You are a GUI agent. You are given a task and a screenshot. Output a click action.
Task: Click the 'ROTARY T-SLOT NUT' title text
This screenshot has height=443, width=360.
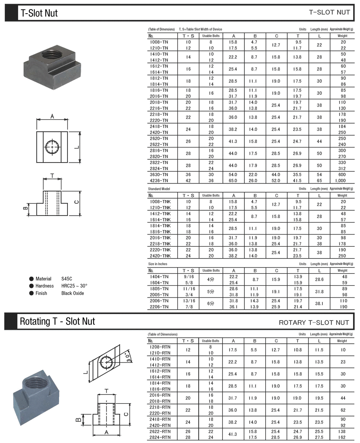[x=314, y=322]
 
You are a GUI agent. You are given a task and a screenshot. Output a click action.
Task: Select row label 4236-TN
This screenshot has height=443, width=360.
[x=159, y=181]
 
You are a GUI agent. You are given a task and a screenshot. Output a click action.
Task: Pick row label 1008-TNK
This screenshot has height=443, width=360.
[x=160, y=202]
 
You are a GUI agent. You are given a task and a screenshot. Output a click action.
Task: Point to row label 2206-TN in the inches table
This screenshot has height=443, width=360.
[x=159, y=307]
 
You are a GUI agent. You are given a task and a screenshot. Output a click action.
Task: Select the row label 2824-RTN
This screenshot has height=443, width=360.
[x=160, y=437]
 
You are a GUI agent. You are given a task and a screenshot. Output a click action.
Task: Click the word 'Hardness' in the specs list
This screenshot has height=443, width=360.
[x=45, y=286]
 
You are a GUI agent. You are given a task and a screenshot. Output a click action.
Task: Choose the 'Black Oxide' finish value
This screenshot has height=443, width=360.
[x=73, y=293]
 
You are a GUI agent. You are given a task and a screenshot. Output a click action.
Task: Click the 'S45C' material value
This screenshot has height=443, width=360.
[x=66, y=279]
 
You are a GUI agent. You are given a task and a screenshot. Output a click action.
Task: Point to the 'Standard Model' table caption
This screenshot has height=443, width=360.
[x=159, y=189]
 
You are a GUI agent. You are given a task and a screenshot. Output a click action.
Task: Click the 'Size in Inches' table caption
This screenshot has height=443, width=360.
[x=157, y=264]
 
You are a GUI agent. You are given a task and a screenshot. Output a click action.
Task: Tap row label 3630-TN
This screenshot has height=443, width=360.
[x=159, y=175]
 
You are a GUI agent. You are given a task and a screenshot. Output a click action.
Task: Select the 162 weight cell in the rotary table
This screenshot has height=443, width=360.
[x=343, y=437]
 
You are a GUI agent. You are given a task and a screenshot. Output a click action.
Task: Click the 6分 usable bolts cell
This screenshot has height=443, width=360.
[x=211, y=304]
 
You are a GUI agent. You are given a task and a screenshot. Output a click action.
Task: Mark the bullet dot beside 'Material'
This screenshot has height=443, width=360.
[x=31, y=279]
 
